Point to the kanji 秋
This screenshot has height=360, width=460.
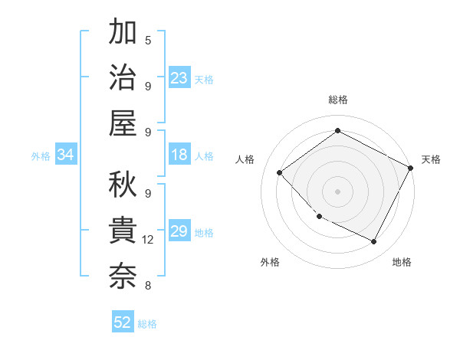[x=123, y=185]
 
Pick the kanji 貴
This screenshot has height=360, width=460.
[x=123, y=230]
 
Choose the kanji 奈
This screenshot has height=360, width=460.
[x=123, y=275]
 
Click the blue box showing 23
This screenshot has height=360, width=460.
[x=179, y=78]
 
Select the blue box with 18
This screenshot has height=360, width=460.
[x=179, y=155]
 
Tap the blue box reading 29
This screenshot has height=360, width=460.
[x=179, y=232]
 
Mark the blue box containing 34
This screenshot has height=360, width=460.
[x=65, y=155]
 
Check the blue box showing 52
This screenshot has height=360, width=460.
[x=123, y=322]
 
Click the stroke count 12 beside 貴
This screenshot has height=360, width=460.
[x=148, y=240]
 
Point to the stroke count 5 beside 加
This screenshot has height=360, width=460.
[x=148, y=40]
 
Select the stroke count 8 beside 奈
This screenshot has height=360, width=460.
[x=148, y=286]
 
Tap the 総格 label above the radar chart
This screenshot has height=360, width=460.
[x=337, y=100]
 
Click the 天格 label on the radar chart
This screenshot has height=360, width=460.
[x=431, y=159]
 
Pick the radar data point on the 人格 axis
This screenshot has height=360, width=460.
[x=280, y=172]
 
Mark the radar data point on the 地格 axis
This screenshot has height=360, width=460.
[x=374, y=242]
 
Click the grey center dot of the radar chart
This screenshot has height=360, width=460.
[x=337, y=191]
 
